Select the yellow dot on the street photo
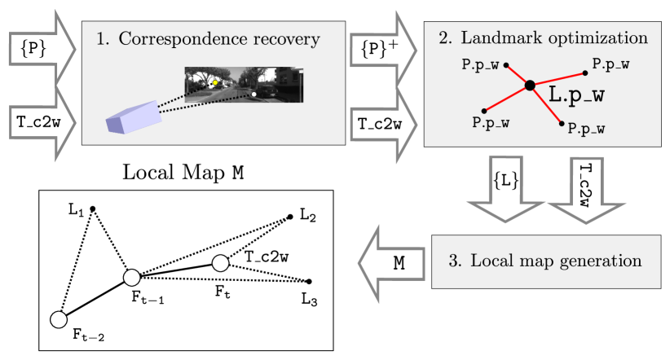(x=215, y=82)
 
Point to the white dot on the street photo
(x=254, y=94)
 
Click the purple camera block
(x=134, y=117)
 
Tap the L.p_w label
(x=576, y=94)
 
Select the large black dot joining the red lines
(x=530, y=85)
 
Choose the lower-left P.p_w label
(x=491, y=123)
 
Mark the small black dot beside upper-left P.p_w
(x=506, y=65)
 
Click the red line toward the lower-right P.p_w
(x=546, y=105)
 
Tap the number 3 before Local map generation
(x=454, y=261)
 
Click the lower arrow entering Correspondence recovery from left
(x=41, y=122)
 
